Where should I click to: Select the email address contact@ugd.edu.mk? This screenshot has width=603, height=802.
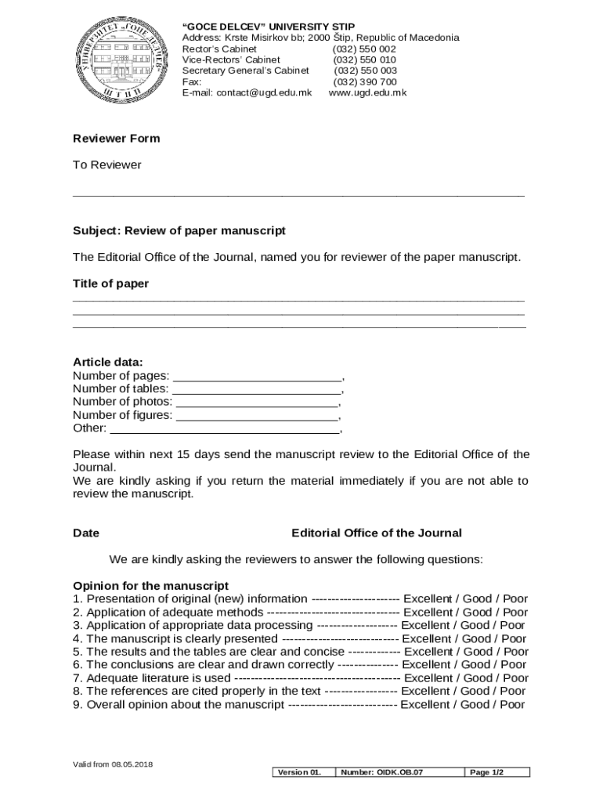pos(264,92)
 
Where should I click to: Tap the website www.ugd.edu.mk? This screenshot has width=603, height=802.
pos(367,92)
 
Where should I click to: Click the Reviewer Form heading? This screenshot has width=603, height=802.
pos(116,139)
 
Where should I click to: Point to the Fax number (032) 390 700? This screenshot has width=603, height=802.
pos(364,81)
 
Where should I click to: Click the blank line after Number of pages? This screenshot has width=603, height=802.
pos(256,376)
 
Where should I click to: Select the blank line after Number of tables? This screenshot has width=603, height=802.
pos(256,389)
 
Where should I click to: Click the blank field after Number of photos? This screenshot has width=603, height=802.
pos(257,403)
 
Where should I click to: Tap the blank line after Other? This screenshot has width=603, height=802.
pos(224,428)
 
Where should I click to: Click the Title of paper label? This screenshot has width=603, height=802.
pos(110,284)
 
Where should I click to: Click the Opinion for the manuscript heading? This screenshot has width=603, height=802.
pos(150,586)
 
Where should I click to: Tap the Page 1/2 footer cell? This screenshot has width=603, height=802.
pos(486,772)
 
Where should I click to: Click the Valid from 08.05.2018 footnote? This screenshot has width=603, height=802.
pos(113,764)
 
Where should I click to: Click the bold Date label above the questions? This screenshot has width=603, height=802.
pos(86,533)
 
